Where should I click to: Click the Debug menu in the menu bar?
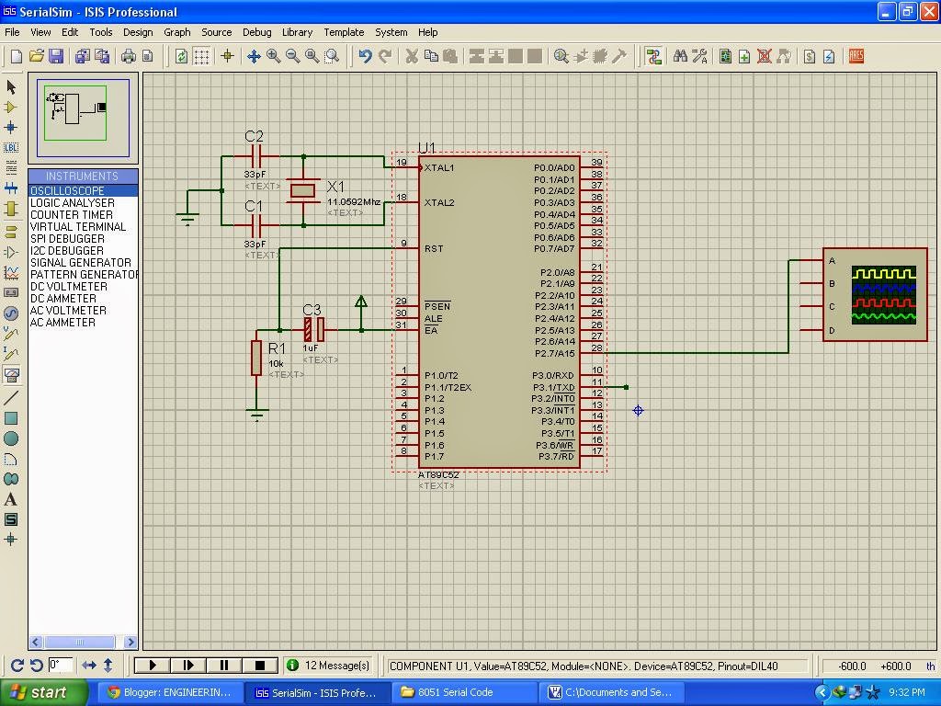[x=256, y=32]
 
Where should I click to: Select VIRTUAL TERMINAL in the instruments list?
[x=77, y=227]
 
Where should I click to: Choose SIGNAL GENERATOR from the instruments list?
[x=80, y=263]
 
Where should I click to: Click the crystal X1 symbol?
[x=303, y=190]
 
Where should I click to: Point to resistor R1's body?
[x=256, y=357]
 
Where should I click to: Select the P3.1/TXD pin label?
[x=553, y=387]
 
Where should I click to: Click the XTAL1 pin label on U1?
[x=439, y=168]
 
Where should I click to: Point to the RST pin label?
[x=434, y=249]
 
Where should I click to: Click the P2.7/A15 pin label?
[x=553, y=353]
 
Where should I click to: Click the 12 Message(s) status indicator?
[x=329, y=666]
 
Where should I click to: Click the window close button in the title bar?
[x=928, y=12]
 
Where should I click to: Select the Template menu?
[x=344, y=32]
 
